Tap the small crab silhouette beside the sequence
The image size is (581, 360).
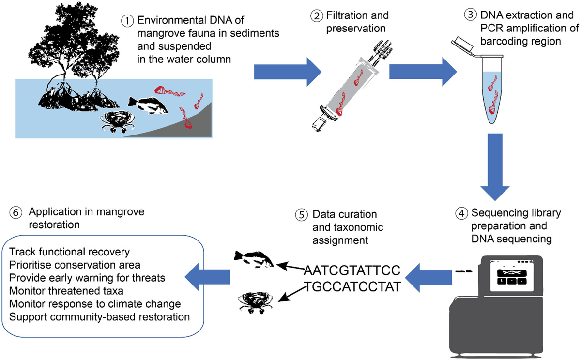pos(251,302)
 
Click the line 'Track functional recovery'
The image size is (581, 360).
pos(62,253)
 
